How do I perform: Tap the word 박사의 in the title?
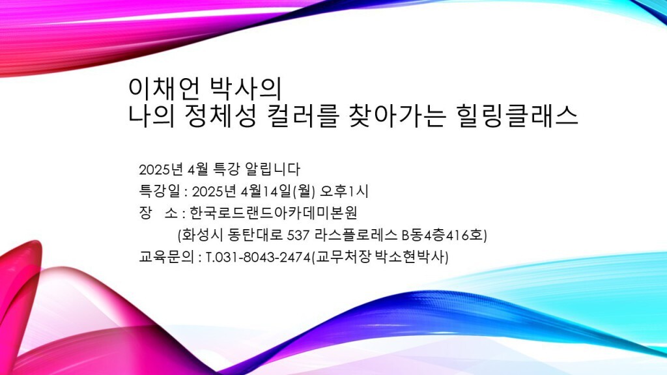246,89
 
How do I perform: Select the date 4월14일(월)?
277,191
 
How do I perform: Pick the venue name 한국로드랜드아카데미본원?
273,213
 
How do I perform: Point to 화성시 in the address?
203,234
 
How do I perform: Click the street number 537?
298,235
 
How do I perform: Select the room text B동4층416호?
443,234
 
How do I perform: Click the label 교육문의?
166,257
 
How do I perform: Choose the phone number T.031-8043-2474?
258,257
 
